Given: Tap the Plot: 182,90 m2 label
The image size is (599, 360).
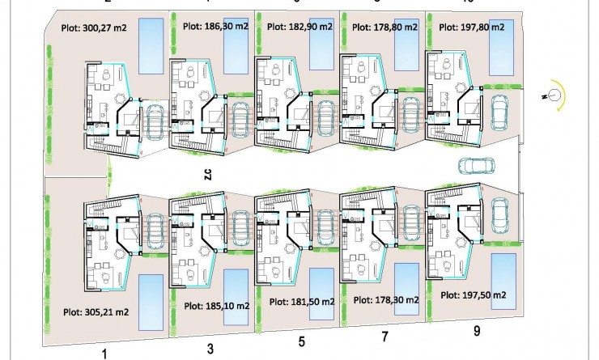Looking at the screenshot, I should coord(299,27).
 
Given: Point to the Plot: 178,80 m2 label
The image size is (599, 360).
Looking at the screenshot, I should coord(384,27).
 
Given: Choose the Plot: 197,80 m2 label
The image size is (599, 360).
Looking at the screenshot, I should coord(471,27).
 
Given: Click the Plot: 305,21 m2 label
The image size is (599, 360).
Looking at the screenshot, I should coord(96,311).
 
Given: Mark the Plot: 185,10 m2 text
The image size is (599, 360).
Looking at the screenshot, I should coord(218,306).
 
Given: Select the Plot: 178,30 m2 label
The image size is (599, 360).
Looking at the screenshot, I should coord(385,300).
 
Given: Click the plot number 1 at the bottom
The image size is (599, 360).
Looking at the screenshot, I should coord(104,353).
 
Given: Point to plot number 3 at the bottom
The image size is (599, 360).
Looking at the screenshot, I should coord(210,349).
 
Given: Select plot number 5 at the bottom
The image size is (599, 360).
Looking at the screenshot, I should coord(301,342).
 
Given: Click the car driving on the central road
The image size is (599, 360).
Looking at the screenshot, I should coord(476,166).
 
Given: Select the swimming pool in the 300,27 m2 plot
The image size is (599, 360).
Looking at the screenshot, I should coord(151,40).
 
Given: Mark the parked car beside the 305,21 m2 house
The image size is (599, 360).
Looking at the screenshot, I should coord(152,228).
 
